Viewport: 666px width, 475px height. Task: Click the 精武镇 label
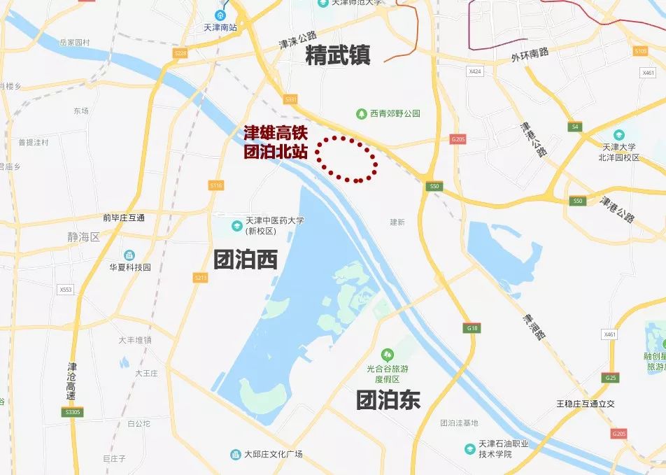coord(338,55)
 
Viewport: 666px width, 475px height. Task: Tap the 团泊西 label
coord(245,260)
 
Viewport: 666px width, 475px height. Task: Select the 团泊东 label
coord(388,399)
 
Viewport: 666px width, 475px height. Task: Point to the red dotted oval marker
coord(348,159)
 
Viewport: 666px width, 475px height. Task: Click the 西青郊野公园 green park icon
coord(362,113)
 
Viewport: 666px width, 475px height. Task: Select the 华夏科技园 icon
coord(129,255)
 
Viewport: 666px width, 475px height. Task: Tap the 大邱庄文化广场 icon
coord(236,455)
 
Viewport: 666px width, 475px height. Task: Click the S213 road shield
coord(201,278)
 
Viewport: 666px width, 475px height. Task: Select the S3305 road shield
coord(73,412)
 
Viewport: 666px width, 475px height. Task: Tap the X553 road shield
coord(66,289)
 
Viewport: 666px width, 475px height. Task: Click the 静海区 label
coord(85,238)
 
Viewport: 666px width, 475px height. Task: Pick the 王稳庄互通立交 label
coord(585,404)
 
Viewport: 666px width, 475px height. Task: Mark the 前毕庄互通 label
coord(123,218)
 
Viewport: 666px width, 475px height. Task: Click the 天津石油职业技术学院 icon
coord(470,448)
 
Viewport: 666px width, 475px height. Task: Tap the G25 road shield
coord(611,378)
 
